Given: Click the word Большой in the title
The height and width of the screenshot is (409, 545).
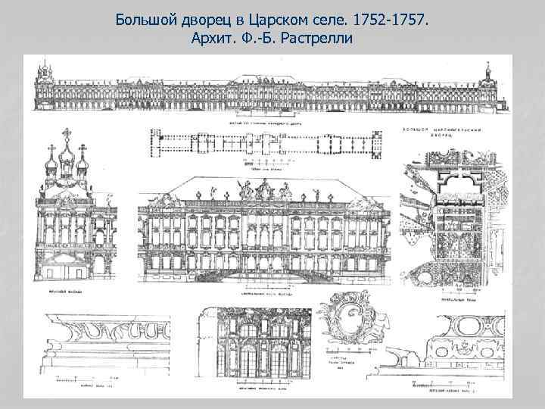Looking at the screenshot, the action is point(143,18).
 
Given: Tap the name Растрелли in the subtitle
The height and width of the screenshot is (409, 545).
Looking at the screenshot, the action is point(317,38).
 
